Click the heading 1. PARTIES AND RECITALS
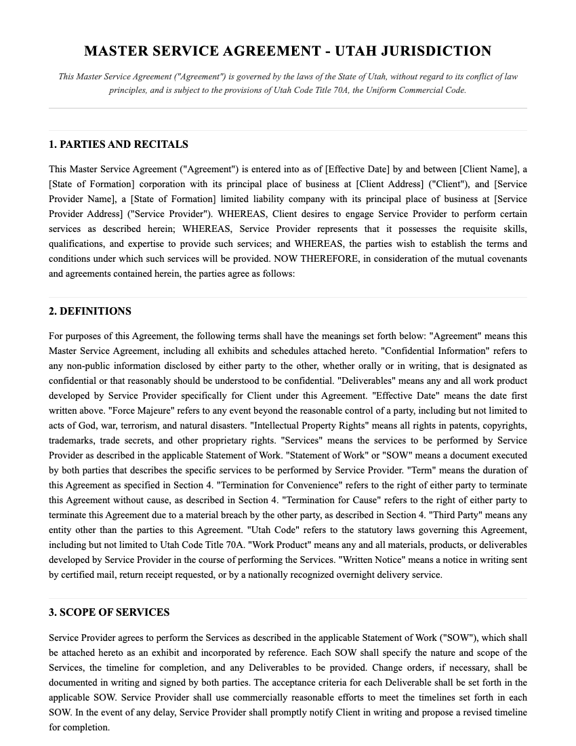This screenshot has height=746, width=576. pos(119,144)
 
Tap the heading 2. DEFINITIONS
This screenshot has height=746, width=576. pos(90,311)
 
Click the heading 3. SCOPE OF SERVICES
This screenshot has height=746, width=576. pos(109,612)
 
